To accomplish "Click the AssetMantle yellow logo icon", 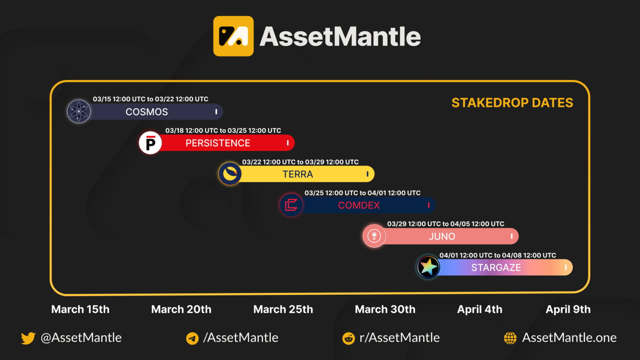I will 233,36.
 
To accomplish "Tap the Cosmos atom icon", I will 79,111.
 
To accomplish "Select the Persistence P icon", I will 150,143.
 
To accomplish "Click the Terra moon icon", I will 230,174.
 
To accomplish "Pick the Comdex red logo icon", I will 291,205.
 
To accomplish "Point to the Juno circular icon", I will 374,236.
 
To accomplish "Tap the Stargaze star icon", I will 428,267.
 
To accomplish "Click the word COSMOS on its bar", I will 147,112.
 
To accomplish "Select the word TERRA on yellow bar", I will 298,174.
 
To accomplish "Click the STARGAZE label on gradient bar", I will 496,268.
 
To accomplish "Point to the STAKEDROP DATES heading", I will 512,103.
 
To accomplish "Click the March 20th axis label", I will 181,309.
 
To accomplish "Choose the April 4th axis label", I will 480,309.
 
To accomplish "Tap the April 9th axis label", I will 568,309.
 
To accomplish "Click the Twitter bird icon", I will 28,338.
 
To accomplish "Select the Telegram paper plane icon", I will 192,338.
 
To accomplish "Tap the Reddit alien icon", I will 348,338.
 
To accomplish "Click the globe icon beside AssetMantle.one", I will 510,338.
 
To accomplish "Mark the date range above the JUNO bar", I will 446,224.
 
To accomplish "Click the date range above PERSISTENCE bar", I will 223,131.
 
